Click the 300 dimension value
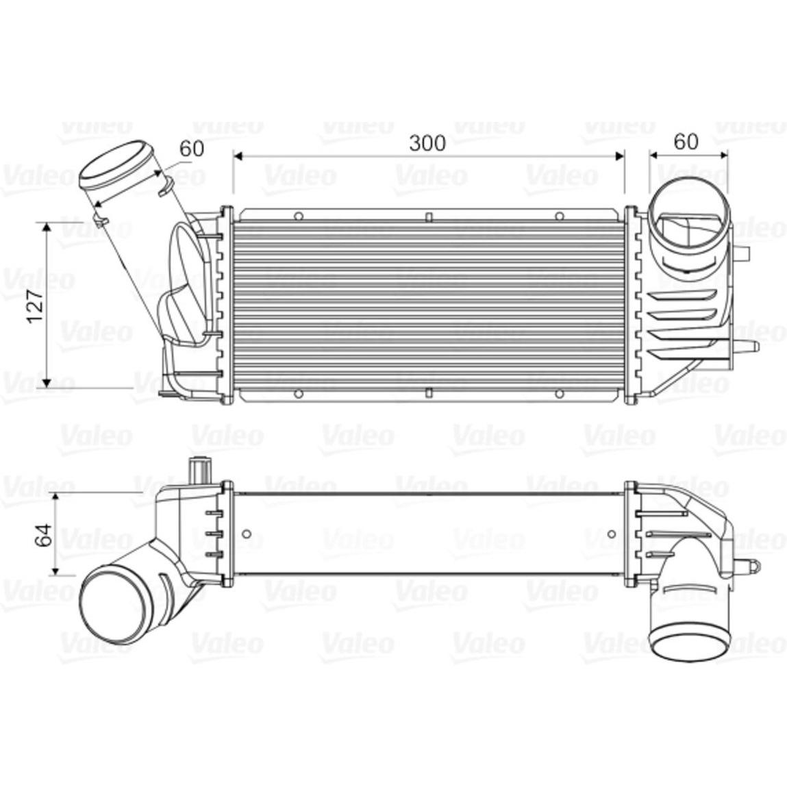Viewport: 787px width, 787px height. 427,143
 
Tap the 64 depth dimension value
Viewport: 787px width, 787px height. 44,534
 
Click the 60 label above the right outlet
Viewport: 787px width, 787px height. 686,142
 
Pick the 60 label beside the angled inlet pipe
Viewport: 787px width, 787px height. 192,149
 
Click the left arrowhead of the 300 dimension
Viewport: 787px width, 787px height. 238,156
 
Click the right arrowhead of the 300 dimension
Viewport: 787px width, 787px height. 619,156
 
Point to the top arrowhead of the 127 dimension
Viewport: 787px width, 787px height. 47,227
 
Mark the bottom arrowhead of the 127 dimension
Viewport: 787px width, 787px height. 47,382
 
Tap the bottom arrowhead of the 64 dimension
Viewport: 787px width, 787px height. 55,570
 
